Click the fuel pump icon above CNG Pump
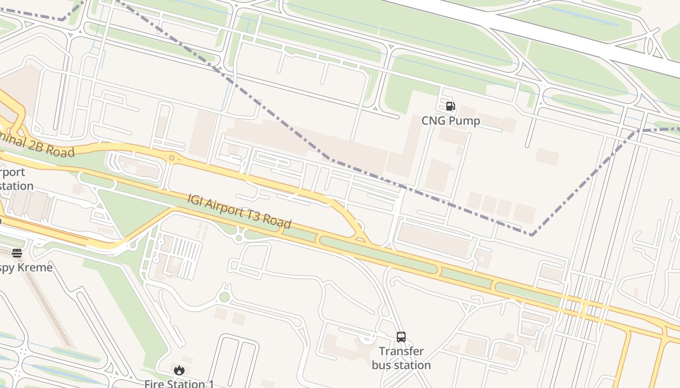450,106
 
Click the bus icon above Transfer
401,337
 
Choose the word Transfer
401,351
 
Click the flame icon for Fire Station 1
179,371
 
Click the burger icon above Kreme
17,253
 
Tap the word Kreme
35,267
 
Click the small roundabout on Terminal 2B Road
171,158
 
